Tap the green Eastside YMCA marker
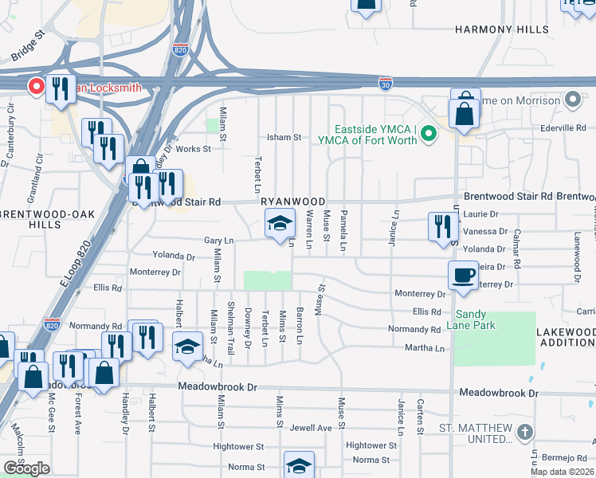[429, 132]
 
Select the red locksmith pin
[36, 86]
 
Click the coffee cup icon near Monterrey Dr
[464, 276]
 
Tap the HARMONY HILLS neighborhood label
[501, 29]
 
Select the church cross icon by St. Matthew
[524, 433]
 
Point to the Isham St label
[284, 137]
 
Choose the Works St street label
[194, 149]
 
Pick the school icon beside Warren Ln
[280, 225]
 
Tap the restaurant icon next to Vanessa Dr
[440, 226]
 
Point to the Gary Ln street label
[218, 240]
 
